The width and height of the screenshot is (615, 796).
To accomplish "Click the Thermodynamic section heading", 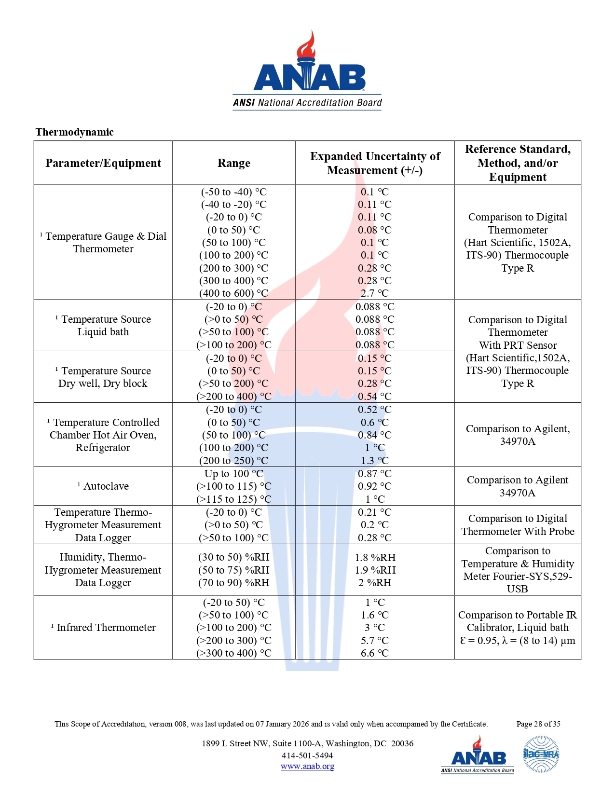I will pyautogui.click(x=74, y=132).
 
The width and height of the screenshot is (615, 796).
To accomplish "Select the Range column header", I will pyautogui.click(x=233, y=163).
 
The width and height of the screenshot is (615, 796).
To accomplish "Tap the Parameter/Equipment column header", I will pyautogui.click(x=103, y=163).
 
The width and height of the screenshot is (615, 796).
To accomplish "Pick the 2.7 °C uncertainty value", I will pyautogui.click(x=374, y=293).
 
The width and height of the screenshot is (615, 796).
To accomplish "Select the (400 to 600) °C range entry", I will pyautogui.click(x=233, y=293).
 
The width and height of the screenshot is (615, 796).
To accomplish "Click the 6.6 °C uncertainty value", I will pyautogui.click(x=374, y=653).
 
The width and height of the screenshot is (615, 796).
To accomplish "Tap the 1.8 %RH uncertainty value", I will pyautogui.click(x=375, y=558).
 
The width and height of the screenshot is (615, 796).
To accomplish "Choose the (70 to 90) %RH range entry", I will pyautogui.click(x=233, y=583).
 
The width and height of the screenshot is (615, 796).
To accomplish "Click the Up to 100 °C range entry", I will pyautogui.click(x=233, y=474).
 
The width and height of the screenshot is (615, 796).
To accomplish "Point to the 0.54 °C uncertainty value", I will pyautogui.click(x=374, y=397).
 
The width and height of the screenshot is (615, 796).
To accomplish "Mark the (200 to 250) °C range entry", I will pyautogui.click(x=233, y=461).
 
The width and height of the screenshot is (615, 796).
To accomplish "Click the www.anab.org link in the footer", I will pyautogui.click(x=307, y=766).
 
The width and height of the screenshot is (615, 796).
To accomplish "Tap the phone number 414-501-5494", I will pyautogui.click(x=307, y=755).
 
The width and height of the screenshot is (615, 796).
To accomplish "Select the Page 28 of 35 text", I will pyautogui.click(x=538, y=724).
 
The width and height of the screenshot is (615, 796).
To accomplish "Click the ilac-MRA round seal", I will pyautogui.click(x=541, y=754).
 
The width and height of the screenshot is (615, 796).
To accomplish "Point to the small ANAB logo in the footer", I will pyautogui.click(x=477, y=755).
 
